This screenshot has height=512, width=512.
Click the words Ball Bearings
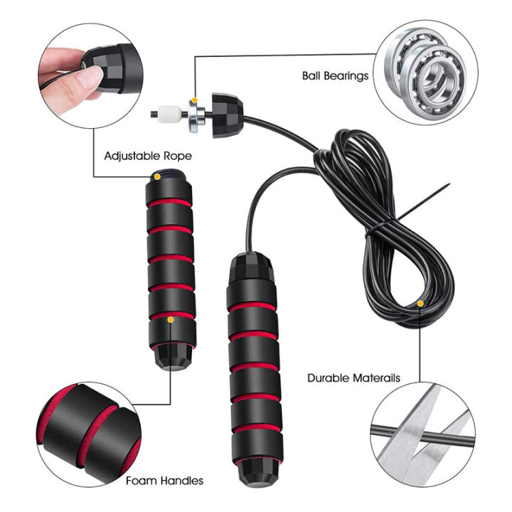(x=335, y=76)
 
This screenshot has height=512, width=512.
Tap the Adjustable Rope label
(x=148, y=156)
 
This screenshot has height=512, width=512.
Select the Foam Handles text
(x=164, y=481)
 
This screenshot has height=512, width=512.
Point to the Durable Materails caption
(x=353, y=378)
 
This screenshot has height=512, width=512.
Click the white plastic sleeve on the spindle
(x=169, y=114)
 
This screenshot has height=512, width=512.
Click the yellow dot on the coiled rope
(x=420, y=304)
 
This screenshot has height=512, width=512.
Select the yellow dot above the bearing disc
(x=195, y=100)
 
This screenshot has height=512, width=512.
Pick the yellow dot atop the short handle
(x=157, y=177)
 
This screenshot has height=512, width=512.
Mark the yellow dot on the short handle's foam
(x=170, y=320)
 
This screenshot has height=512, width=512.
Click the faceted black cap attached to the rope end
(x=228, y=115)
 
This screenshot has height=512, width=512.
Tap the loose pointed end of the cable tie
(x=449, y=184)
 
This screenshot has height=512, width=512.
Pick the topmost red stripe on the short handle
(x=169, y=203)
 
